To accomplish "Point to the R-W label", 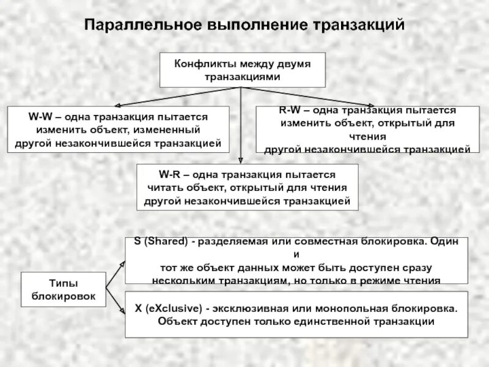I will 290,110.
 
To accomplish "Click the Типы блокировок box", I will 64,289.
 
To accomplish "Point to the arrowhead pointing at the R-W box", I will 371,105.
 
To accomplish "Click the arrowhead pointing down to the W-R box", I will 241,160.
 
